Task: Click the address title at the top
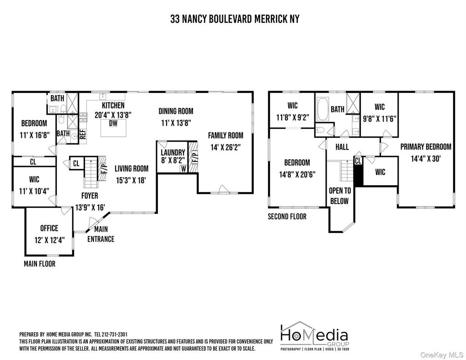[235, 19]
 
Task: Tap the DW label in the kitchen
[113, 123]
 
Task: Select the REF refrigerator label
[83, 134]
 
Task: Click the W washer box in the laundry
[183, 169]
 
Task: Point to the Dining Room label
[176, 111]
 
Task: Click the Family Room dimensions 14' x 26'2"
[226, 147]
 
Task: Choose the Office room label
[49, 228]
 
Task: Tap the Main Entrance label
[101, 234]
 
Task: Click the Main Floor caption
[40, 264]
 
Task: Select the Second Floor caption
[287, 217]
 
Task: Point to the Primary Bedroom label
[425, 147]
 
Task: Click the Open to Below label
[339, 196]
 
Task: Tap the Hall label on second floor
[342, 147]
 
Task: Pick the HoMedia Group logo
[314, 336]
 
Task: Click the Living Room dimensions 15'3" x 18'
[131, 180]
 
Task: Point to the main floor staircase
[91, 172]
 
